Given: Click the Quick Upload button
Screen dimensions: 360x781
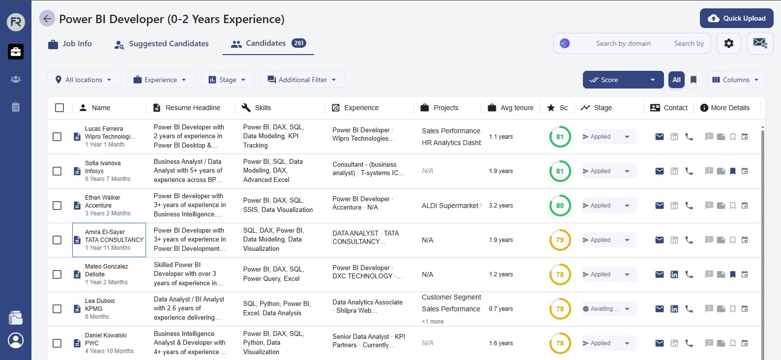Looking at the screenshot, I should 736,19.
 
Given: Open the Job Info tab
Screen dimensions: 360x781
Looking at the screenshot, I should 70,44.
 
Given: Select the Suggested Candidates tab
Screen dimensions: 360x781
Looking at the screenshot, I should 161,44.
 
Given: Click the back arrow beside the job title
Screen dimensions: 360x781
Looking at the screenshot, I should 47,19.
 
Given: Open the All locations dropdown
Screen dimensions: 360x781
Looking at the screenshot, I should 84,80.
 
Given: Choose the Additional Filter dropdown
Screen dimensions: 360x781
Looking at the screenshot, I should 302,80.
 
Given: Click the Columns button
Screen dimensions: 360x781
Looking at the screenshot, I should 736,80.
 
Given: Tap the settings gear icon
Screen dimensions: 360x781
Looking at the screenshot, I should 728,43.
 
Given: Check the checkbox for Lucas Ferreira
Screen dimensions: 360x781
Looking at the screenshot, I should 57,137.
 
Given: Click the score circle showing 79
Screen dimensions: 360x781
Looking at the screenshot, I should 560,240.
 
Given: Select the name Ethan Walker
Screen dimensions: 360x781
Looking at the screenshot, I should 103,198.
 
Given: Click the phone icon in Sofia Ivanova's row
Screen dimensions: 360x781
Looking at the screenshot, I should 689,171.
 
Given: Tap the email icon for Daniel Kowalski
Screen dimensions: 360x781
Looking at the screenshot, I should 660,343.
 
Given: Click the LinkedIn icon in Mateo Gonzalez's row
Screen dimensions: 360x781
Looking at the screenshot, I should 674,274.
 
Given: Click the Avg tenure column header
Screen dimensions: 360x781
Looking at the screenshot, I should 517,108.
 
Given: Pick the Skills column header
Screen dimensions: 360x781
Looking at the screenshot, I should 262,108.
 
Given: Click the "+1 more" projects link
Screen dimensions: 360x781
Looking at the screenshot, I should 433,322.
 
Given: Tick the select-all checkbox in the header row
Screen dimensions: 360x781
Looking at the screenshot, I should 59,108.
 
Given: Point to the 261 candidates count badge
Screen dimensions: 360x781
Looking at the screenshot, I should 298,43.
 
